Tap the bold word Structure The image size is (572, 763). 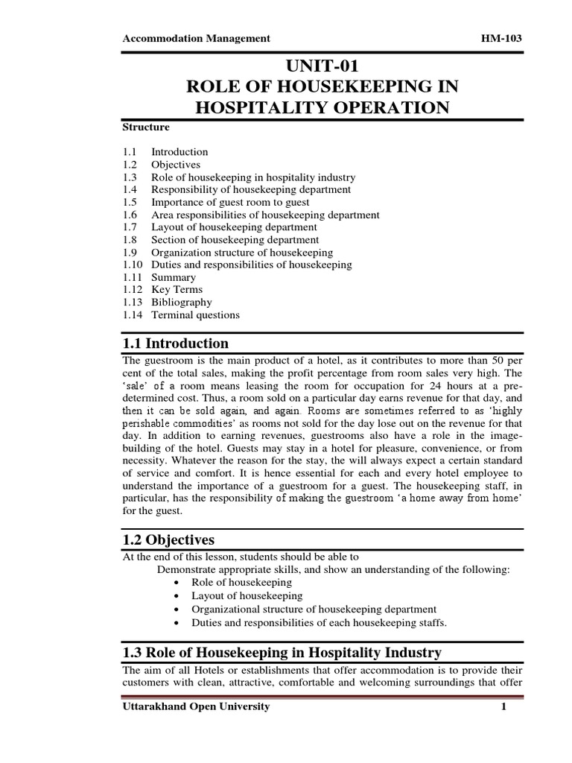point(146,127)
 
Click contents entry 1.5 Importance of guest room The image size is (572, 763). point(230,202)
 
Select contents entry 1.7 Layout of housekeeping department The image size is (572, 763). point(234,227)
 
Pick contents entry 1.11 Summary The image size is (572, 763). point(174,277)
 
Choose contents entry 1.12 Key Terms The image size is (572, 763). point(177,290)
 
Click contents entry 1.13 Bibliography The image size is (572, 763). point(181,303)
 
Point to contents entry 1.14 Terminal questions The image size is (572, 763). point(195,315)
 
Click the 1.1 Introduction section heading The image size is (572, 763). point(176,343)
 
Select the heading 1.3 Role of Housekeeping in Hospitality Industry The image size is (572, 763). point(282,653)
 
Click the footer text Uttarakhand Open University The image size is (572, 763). point(196,706)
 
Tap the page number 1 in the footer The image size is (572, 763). point(503,706)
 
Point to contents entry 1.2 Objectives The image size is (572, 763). point(176,165)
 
